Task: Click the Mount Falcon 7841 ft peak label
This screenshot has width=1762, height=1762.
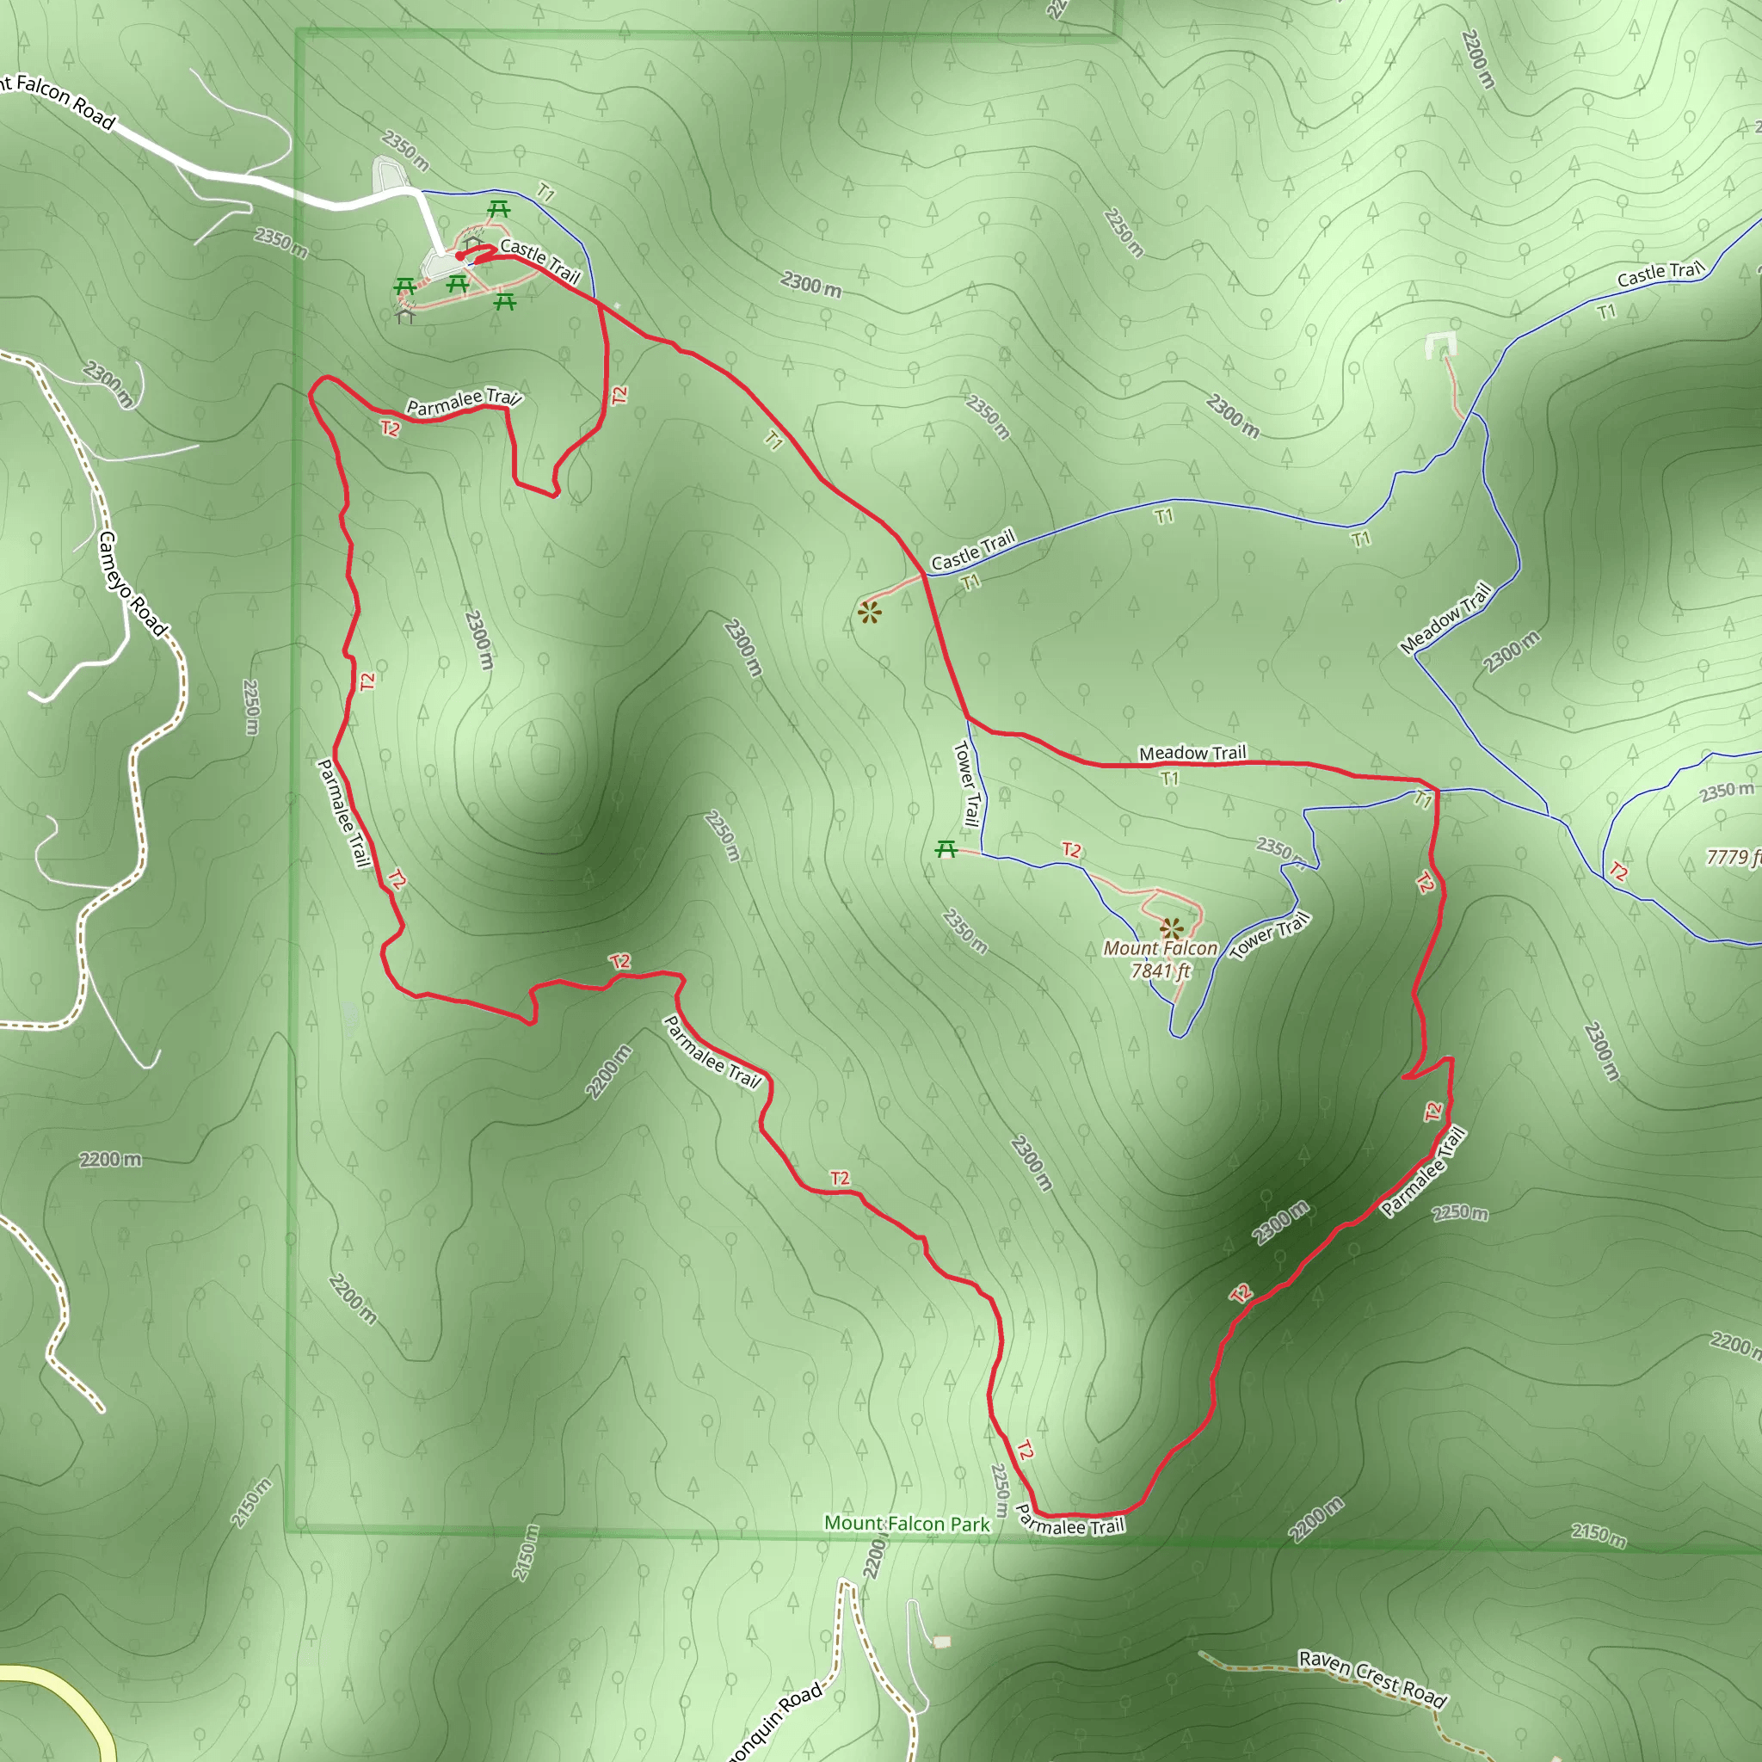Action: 1160,959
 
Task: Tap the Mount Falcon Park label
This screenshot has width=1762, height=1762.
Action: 907,1524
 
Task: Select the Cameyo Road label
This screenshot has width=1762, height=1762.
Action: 132,583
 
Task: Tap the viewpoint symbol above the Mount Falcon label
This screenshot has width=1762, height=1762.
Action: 1172,929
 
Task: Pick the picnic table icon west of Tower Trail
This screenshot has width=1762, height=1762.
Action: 946,850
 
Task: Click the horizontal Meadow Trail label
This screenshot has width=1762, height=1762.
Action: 1192,754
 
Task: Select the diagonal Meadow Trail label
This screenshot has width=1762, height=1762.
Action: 1445,619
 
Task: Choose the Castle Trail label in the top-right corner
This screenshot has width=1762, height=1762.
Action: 1660,273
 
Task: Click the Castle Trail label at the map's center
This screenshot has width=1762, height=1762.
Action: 972,549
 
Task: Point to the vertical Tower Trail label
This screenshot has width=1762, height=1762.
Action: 967,784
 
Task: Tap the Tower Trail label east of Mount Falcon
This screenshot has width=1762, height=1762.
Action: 1270,936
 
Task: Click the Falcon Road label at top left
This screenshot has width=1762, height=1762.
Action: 59,101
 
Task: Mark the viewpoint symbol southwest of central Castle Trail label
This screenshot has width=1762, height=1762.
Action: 870,613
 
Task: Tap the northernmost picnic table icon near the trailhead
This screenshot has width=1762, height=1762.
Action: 498,210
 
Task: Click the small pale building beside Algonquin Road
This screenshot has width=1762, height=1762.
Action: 942,1642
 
